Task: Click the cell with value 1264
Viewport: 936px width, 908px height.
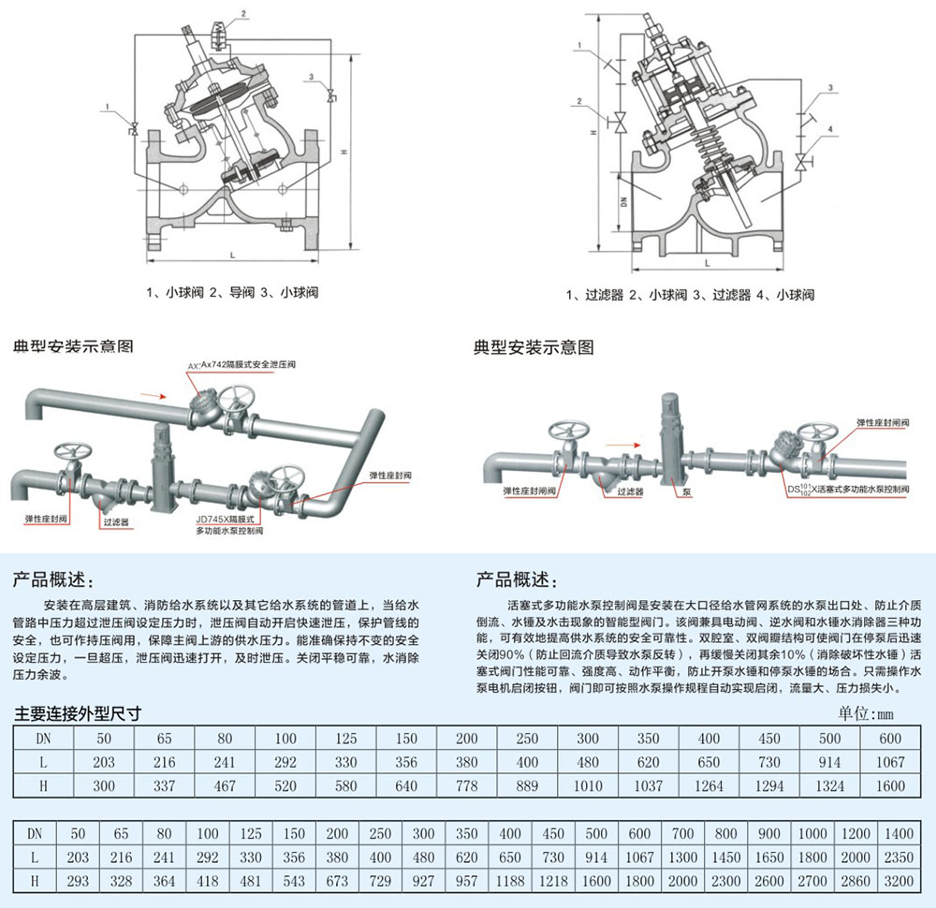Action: coord(709,785)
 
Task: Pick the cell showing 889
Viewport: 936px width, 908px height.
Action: coord(527,785)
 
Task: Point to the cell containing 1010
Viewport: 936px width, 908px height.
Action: coord(587,785)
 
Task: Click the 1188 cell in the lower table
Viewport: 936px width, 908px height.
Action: coord(511,881)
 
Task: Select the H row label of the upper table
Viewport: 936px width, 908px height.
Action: coord(42,785)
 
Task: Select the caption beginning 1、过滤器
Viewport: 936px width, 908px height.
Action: coord(690,295)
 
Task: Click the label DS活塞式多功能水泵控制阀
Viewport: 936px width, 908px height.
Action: coord(847,489)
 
